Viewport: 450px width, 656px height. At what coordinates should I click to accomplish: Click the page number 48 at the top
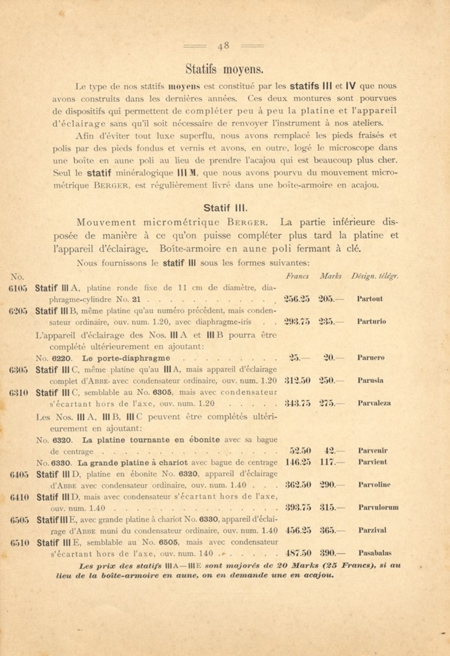pos(224,46)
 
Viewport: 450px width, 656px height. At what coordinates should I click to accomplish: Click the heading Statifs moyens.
pos(224,69)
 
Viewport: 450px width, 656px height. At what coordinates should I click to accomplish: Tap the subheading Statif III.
pos(225,208)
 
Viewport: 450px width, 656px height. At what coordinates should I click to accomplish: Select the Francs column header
pos(297,276)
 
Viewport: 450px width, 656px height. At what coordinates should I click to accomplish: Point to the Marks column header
pos(331,276)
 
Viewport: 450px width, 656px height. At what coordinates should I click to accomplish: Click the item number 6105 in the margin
pos(18,288)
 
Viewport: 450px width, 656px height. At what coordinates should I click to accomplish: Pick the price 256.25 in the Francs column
pos(297,299)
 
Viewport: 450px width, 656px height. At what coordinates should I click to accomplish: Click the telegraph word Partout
pos(370,299)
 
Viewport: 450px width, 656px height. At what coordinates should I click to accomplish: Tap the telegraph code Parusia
pos(370,380)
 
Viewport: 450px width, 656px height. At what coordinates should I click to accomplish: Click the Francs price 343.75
pos(298,403)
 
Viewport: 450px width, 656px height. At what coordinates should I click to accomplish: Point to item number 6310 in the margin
pos(19,393)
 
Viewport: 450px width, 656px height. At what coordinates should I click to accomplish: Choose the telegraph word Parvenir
pos(373,451)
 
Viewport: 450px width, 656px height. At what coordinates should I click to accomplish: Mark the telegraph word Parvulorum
pos(378,507)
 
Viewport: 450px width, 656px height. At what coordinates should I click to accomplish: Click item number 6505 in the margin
pos(20,520)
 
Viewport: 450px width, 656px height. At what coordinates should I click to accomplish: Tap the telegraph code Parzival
pos(372,530)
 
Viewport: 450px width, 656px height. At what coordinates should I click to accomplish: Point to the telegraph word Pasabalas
pos(375,553)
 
